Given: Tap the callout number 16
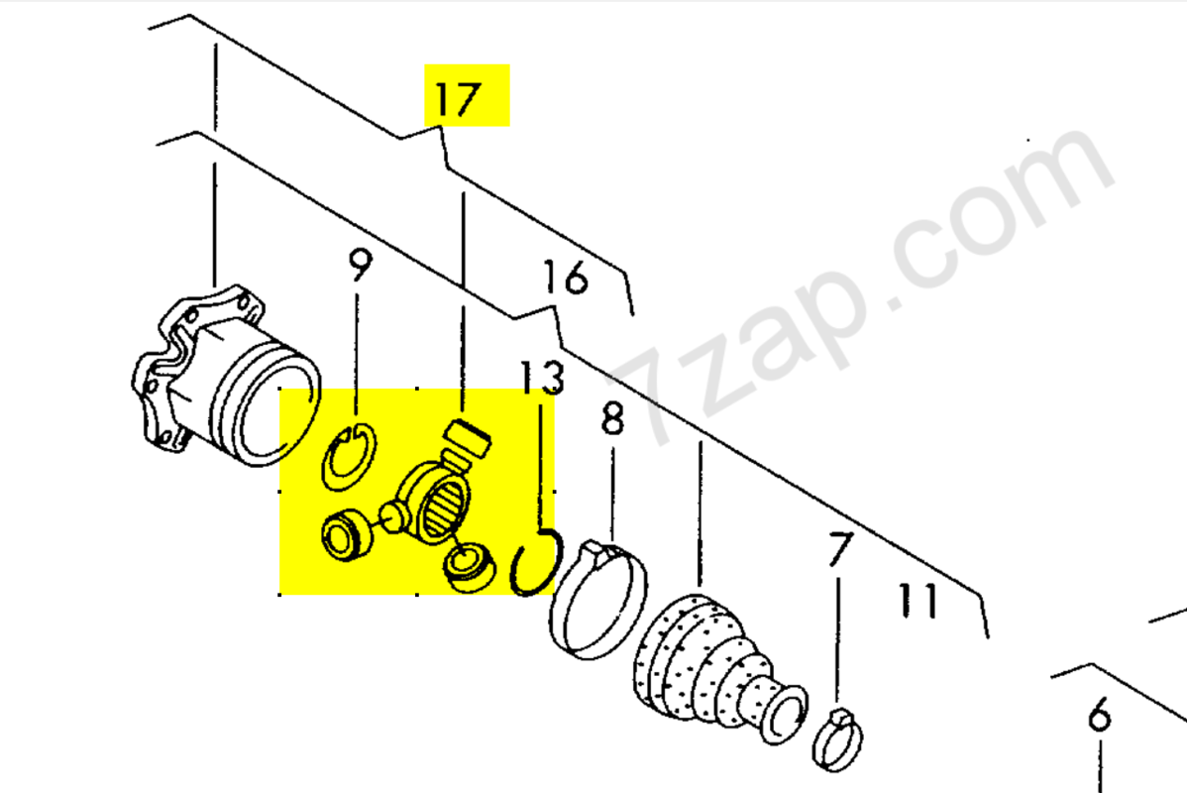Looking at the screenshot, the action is [x=566, y=278].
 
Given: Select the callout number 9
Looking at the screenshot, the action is [x=361, y=265].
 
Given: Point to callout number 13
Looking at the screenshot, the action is [x=542, y=377].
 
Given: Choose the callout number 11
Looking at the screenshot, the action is [x=917, y=601].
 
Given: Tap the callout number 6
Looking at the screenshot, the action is [x=1099, y=715].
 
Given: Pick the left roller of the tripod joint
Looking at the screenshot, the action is [x=345, y=534].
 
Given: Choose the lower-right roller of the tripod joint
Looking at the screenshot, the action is [x=470, y=567].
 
